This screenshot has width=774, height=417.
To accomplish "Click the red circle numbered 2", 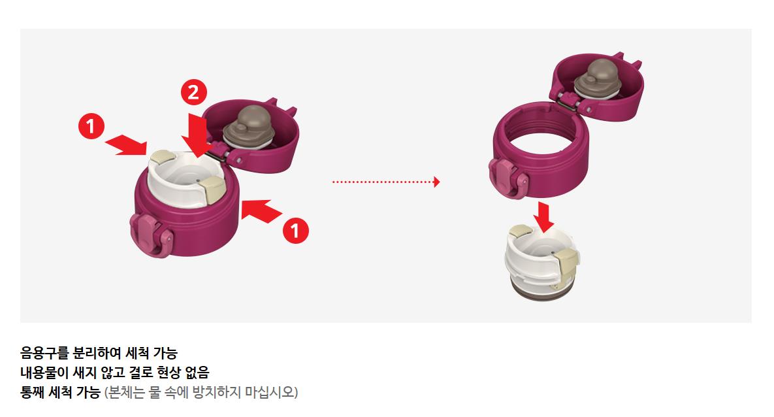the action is tap(193, 92).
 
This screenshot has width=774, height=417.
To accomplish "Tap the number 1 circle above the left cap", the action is tap(91, 126).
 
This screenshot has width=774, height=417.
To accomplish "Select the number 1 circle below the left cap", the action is tap(295, 231).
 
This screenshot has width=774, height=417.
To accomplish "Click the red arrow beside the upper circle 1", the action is tap(126, 144).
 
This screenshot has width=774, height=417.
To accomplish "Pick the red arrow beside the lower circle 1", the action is tap(262, 210).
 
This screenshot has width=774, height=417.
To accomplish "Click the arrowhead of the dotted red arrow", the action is tap(436, 182).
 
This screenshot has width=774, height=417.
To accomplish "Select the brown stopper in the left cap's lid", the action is tap(248, 127).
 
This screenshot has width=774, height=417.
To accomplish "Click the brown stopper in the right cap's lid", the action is tap(598, 78).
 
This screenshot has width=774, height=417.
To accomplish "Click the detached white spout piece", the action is tap(541, 262).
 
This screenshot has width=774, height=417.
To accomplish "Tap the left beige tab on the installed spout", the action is tap(161, 158).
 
